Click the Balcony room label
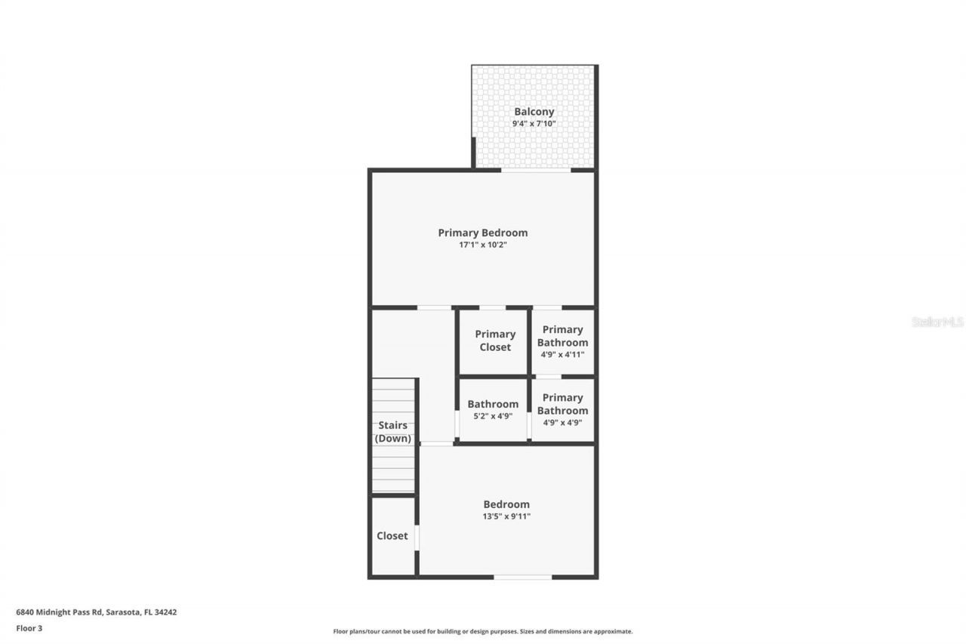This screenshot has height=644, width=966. click(534, 112)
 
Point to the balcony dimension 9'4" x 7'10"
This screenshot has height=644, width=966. click(534, 124)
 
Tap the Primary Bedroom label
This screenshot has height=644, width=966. click(483, 233)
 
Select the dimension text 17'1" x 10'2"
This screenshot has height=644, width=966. click(483, 245)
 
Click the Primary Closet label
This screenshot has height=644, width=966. click(494, 340)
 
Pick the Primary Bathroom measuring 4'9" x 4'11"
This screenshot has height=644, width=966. click(562, 341)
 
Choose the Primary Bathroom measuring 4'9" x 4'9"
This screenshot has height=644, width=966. click(562, 410)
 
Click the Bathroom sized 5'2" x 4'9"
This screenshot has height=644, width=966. click(493, 409)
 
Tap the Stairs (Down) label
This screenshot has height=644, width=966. click(393, 432)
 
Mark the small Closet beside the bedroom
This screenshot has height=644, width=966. click(392, 536)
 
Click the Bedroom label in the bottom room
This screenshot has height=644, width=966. click(506, 504)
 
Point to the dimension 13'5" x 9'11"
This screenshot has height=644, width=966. click(506, 516)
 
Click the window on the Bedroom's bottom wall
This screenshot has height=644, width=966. click(523, 578)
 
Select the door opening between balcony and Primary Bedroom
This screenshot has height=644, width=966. click(536, 170)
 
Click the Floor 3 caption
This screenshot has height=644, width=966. click(29, 627)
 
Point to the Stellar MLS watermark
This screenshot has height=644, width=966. click(937, 322)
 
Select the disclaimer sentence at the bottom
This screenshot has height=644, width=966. click(483, 631)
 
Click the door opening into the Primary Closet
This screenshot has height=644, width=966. click(492, 307)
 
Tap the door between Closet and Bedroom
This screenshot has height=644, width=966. click(417, 538)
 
